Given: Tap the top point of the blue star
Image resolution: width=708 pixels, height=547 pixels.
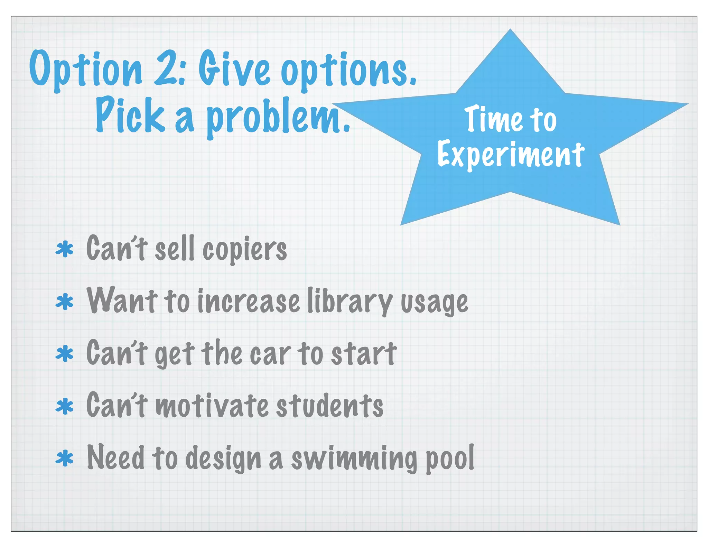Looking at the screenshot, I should pyautogui.click(x=510, y=31).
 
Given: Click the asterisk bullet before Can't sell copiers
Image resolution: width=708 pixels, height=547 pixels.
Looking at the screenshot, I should pyautogui.click(x=65, y=250).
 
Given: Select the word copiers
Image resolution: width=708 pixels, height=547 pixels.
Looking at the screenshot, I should pyautogui.click(x=244, y=250).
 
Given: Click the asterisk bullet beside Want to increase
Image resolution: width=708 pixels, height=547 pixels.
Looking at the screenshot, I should pyautogui.click(x=65, y=302).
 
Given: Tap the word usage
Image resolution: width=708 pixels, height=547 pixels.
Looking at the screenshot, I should pyautogui.click(x=434, y=303).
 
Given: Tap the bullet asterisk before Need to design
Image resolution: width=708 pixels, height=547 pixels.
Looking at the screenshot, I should pyautogui.click(x=65, y=459).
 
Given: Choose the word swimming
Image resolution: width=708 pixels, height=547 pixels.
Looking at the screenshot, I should pyautogui.click(x=354, y=459).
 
